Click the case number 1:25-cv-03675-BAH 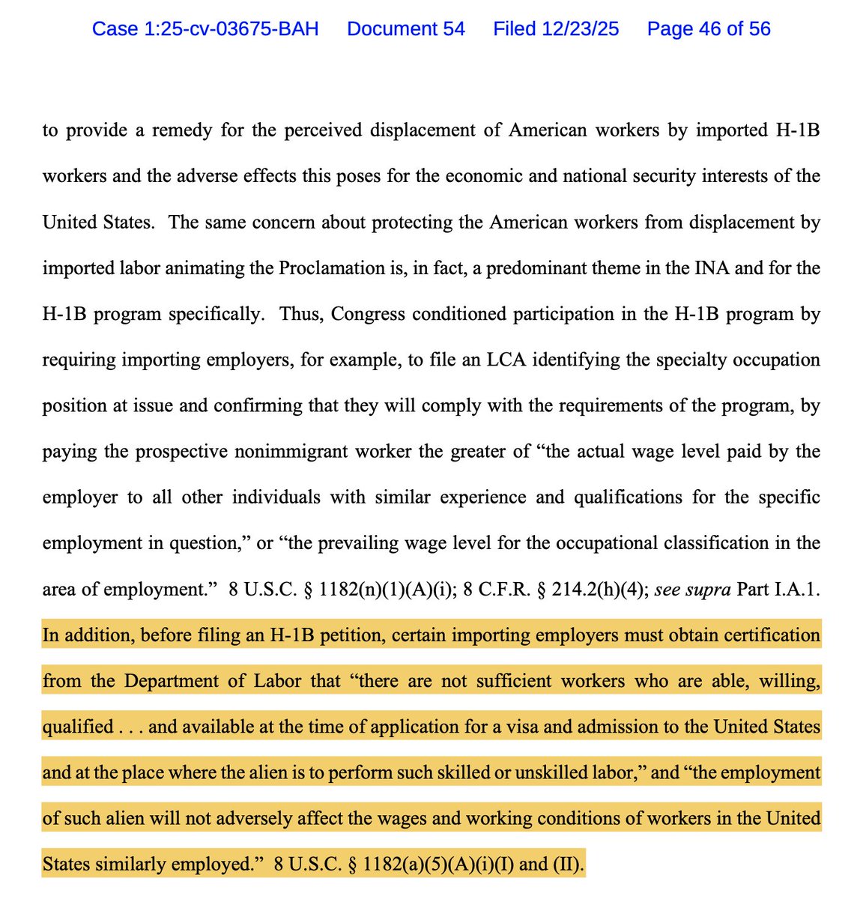tap(205, 29)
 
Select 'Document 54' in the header tap(406, 29)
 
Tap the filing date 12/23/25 tap(556, 29)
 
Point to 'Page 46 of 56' tap(709, 29)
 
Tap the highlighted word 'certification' tap(766, 635)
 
